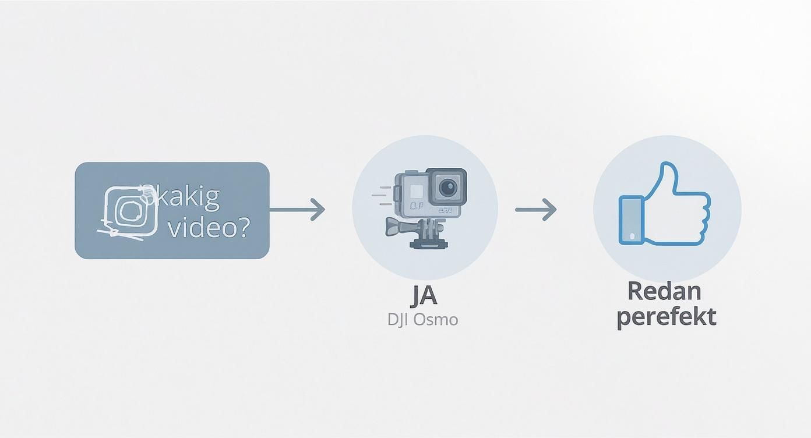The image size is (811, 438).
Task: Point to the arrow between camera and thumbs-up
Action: [536, 209]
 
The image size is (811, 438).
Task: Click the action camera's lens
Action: [447, 187]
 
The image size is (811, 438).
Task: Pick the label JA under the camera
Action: [424, 296]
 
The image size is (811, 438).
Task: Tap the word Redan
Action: [664, 291]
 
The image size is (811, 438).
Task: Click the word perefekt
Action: [666, 317]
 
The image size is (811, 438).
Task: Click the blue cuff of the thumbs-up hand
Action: [630, 220]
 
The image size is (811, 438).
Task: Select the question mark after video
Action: [244, 227]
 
